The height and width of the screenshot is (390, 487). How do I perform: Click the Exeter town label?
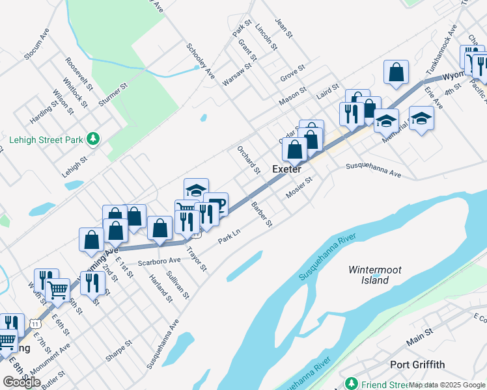tap(286, 169)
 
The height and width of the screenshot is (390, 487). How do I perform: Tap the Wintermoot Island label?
tap(375, 275)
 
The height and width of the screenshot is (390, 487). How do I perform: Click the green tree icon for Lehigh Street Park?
tap(94, 138)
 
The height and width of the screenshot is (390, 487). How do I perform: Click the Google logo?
tap(21, 382)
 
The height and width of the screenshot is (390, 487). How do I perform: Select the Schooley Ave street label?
tap(200, 60)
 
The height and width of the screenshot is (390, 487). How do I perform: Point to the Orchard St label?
tap(248, 160)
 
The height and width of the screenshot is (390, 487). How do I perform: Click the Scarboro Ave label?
tap(159, 261)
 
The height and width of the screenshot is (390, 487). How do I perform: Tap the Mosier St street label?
tap(299, 188)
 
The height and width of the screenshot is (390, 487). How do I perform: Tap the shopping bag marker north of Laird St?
tap(396, 73)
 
